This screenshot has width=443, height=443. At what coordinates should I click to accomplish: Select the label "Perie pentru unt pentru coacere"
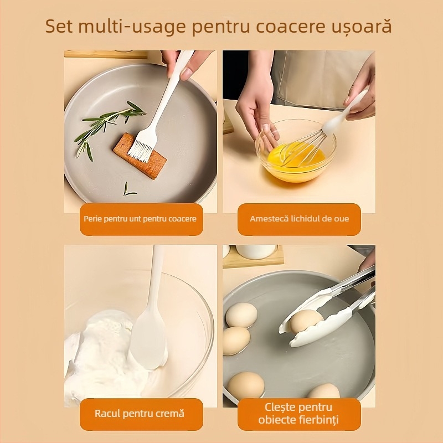[x=140, y=219]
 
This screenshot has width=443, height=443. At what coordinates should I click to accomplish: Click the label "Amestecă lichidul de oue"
[x=299, y=219]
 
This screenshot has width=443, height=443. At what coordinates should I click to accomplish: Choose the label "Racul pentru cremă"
[x=140, y=413]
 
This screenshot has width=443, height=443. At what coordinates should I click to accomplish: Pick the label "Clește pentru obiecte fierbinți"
[x=299, y=414]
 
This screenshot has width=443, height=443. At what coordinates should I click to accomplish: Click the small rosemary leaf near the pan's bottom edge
[x=128, y=191]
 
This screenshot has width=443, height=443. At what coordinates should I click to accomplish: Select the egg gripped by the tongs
[x=306, y=321]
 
